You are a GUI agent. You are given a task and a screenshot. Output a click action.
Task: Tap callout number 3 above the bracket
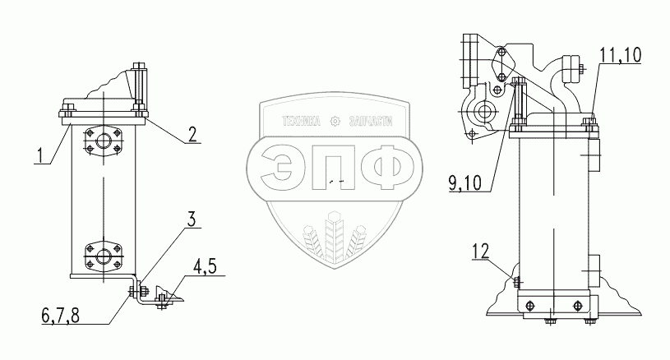tap(191, 219)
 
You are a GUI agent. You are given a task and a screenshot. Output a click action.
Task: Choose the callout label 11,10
tap(620, 56)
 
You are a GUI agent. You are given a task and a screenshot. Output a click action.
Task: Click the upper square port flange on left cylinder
tap(103, 141)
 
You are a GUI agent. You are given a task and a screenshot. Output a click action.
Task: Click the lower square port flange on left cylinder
tap(103, 256)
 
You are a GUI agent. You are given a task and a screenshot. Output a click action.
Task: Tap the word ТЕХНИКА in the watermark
tap(303, 122)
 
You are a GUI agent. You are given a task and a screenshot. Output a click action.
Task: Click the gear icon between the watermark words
tap(335, 122)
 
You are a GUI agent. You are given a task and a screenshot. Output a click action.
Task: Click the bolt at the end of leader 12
tap(516, 281)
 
